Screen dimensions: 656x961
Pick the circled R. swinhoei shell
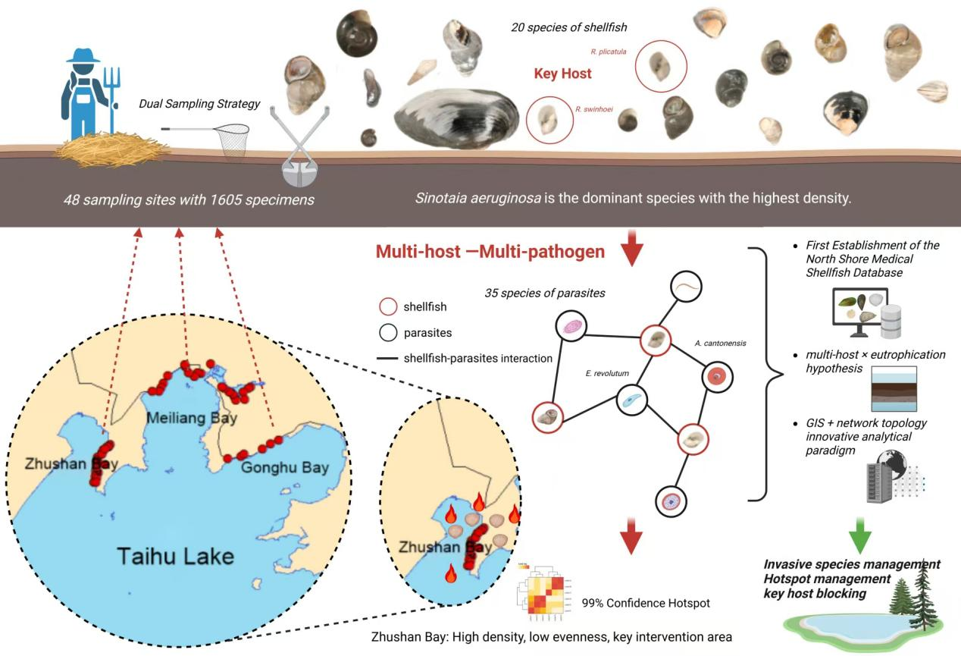coord(549,120)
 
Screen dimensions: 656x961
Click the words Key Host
coord(562,74)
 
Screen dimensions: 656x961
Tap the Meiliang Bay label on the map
coord(192,418)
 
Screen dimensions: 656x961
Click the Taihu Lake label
coord(175,556)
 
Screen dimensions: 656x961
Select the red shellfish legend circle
coord(387,307)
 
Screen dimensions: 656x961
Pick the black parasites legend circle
coord(387,332)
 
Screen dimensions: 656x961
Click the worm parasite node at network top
coord(686,287)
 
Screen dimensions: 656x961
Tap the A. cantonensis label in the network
coord(720,343)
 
